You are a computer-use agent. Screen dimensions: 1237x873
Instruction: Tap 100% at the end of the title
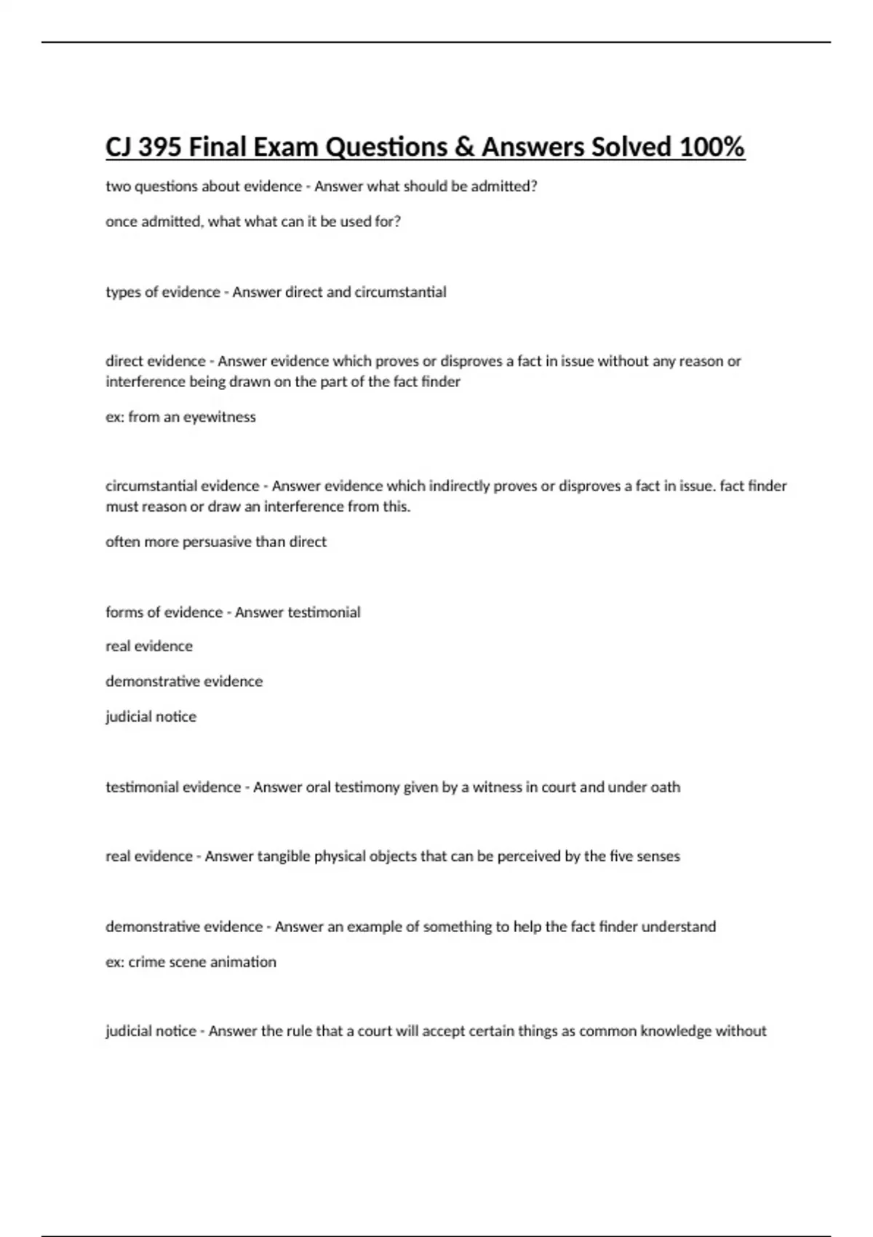point(711,148)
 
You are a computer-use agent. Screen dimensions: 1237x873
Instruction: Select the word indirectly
point(460,486)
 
